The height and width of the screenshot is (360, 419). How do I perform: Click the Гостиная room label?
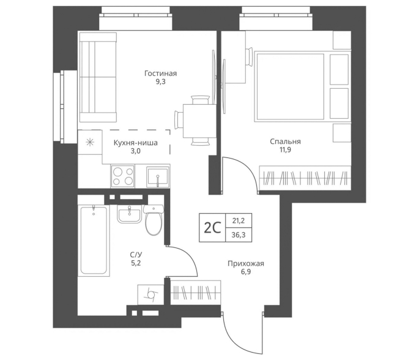[161, 73]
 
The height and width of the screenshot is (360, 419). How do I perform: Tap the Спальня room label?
[285, 141]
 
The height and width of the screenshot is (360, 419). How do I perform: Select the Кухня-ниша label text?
[135, 143]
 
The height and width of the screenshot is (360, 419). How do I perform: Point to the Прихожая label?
[246, 264]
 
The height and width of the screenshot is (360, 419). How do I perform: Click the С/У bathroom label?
[136, 254]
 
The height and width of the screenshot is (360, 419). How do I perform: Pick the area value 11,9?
[286, 150]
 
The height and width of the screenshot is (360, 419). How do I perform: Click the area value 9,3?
[161, 81]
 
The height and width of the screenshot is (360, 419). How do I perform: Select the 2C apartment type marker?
[212, 228]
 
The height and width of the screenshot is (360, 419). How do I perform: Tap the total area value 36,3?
[239, 235]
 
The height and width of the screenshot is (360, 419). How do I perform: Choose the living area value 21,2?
[239, 220]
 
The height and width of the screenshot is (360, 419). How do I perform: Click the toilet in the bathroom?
[154, 220]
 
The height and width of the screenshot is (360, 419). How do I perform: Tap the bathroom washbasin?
[129, 214]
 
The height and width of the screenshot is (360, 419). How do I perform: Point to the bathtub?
[94, 240]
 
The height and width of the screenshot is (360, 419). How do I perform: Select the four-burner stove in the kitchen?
[123, 176]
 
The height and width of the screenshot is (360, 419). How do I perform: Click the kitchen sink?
[158, 176]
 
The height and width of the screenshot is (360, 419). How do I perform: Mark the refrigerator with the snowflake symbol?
[90, 142]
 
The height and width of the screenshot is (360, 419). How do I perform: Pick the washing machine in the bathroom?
[150, 294]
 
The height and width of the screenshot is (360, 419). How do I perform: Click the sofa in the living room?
[98, 77]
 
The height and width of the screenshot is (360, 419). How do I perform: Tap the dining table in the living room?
[199, 121]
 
